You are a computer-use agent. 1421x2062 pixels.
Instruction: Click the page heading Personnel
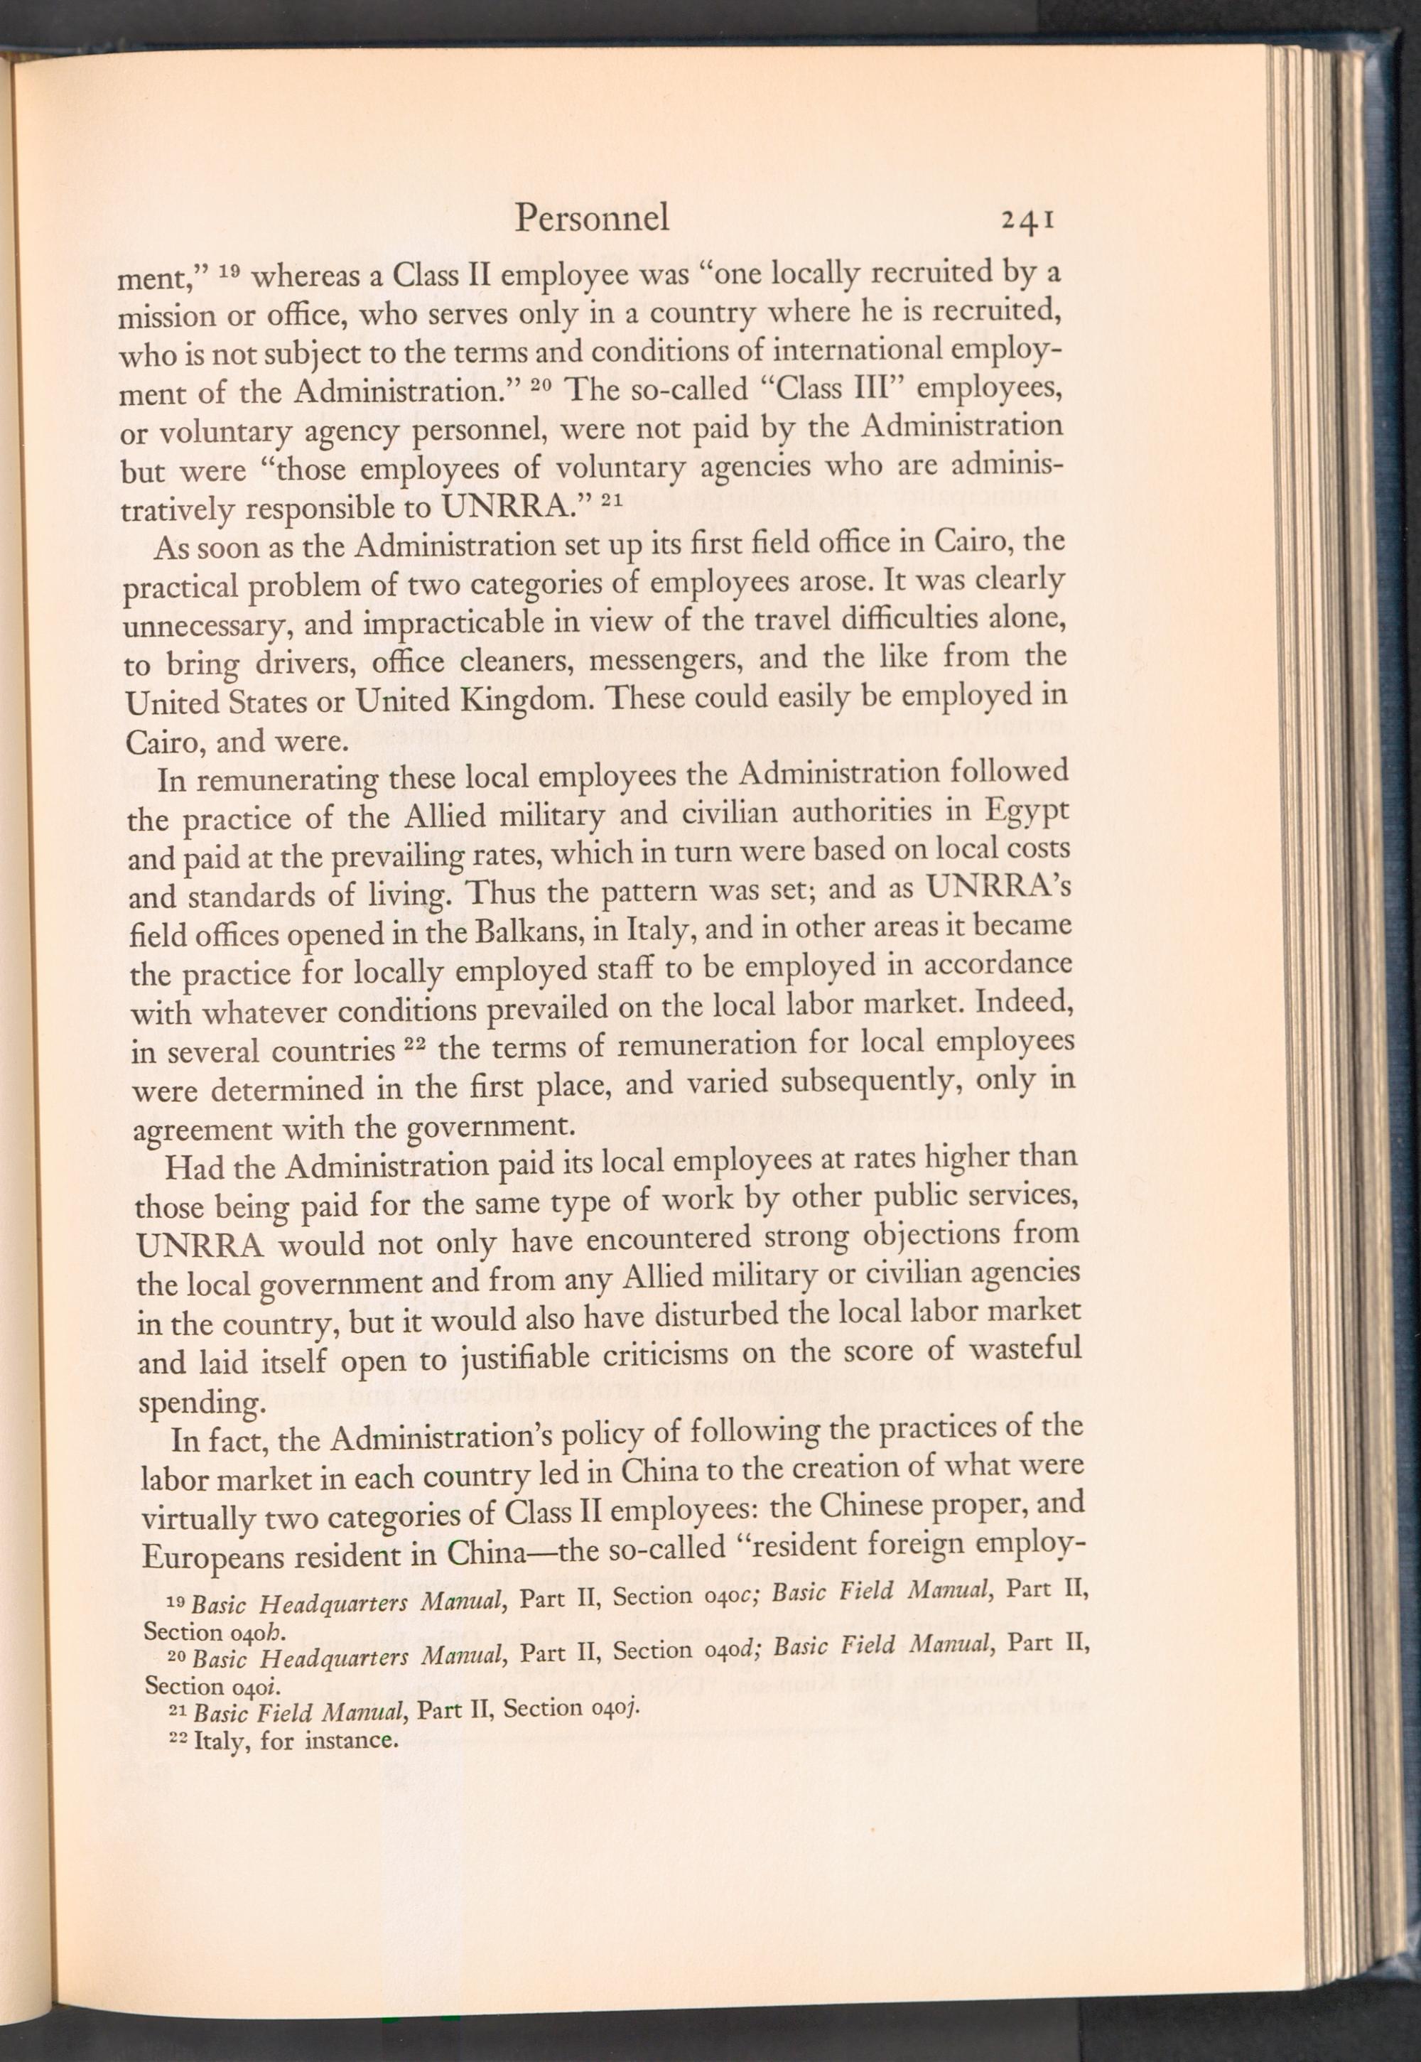click(x=591, y=218)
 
